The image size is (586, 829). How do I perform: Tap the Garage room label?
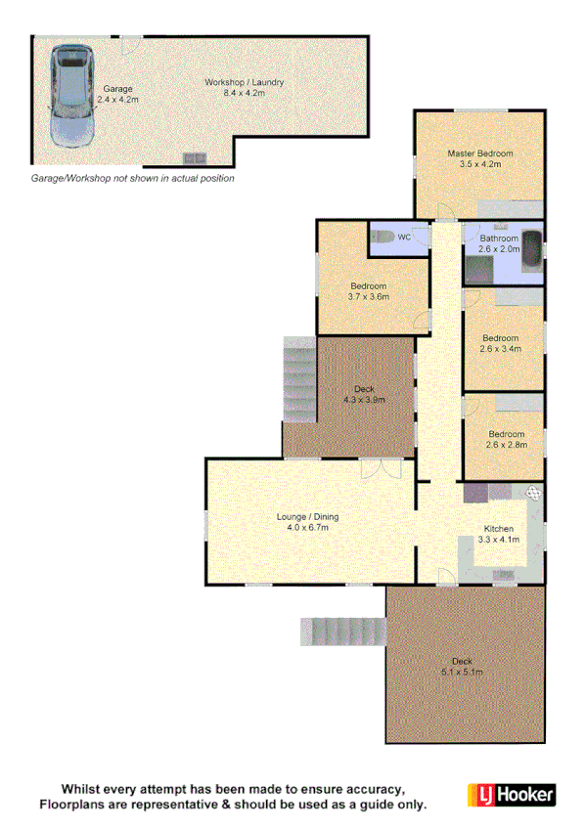click(117, 94)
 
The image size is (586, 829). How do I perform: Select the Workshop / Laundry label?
click(244, 87)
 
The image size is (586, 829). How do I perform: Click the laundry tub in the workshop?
click(194, 157)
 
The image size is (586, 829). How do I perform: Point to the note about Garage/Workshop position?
click(132, 179)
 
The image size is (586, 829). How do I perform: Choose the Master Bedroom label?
click(479, 158)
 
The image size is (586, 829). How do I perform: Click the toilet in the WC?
click(385, 237)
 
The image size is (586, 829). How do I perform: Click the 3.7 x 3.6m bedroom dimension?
click(370, 296)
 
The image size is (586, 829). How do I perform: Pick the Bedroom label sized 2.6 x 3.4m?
click(501, 342)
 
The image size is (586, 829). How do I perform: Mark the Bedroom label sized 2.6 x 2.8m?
click(506, 439)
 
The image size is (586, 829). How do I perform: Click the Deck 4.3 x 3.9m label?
click(364, 394)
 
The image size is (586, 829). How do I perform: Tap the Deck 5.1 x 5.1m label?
click(462, 666)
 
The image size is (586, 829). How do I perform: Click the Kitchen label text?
click(497, 528)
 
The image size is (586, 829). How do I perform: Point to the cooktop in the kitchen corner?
click(532, 494)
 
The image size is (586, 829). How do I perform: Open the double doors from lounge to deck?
click(372, 469)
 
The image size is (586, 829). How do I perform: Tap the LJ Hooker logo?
click(510, 794)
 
